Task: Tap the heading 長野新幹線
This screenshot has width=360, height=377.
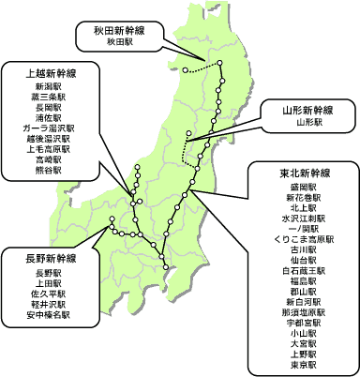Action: (x=46, y=258)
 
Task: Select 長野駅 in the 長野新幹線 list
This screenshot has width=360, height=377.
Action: (x=46, y=273)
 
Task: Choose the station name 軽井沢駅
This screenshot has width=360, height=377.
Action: (x=46, y=305)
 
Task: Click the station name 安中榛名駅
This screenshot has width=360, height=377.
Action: (x=46, y=316)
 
